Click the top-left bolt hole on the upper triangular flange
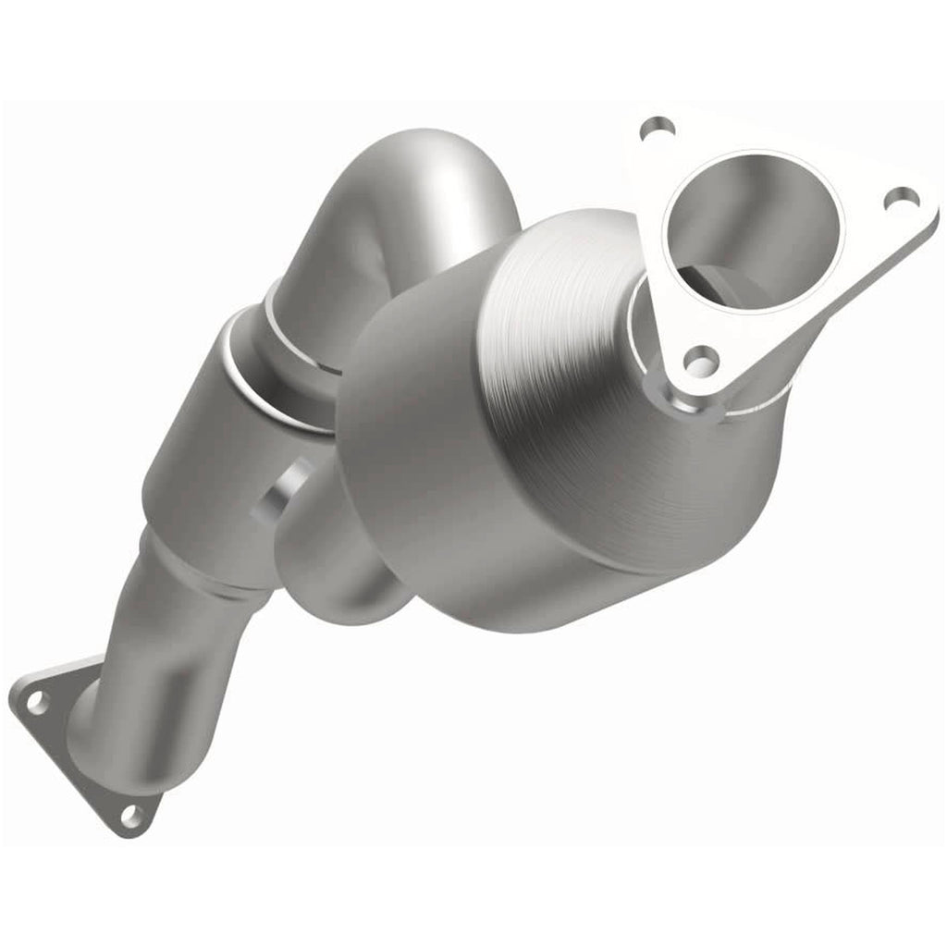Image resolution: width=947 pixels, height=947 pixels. [656, 129]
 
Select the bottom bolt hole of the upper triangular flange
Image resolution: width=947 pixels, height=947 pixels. [700, 362]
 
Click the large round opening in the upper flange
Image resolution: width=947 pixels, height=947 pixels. [754, 222]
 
